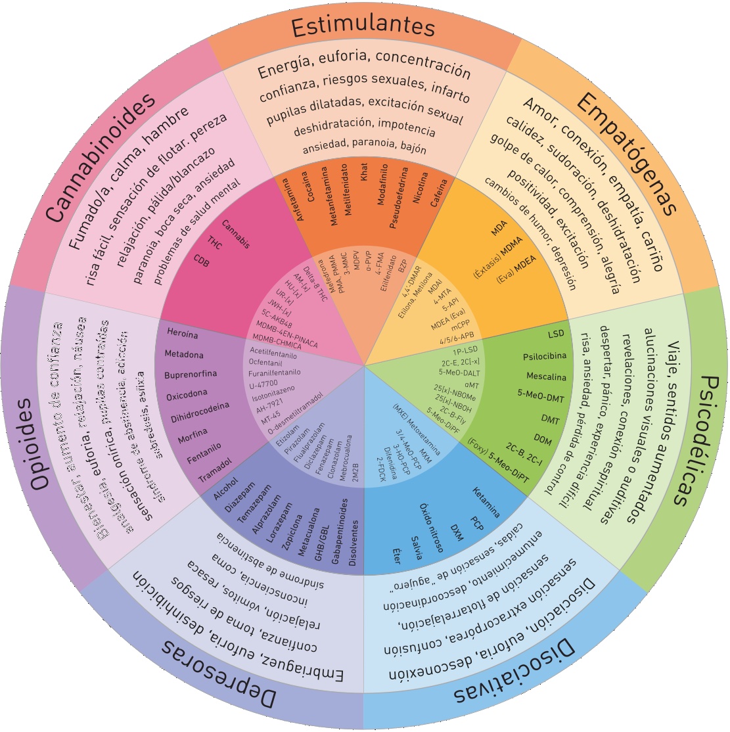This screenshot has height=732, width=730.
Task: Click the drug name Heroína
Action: point(182,334)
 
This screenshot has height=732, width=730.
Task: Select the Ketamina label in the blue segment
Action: point(486,503)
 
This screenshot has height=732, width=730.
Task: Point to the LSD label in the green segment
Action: point(555,334)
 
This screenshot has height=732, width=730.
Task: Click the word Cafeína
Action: point(439,193)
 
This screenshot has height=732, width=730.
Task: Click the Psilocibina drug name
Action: point(544,356)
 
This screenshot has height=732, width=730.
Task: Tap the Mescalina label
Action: point(546,377)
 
